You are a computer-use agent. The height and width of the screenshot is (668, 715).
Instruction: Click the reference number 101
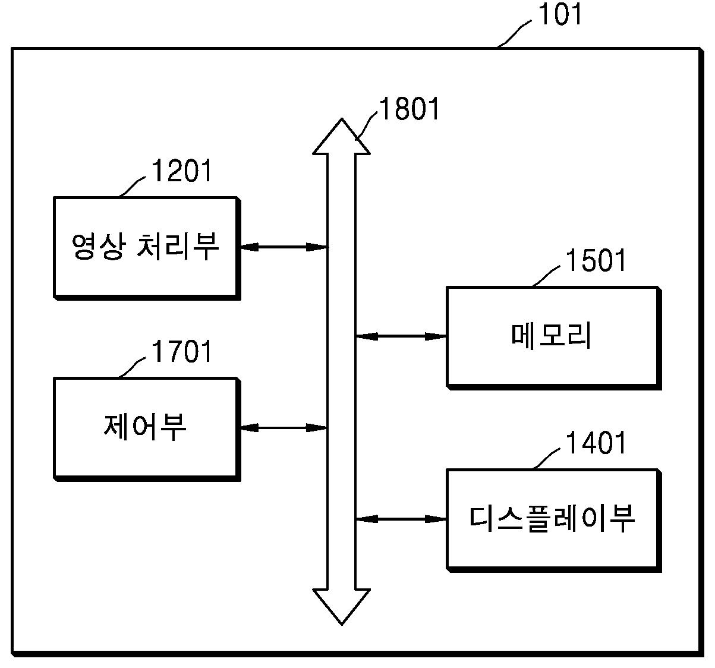[560, 14]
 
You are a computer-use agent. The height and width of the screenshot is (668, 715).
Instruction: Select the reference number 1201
[182, 171]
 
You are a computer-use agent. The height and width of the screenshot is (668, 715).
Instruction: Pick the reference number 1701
[182, 351]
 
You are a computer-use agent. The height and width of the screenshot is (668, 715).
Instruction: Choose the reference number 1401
[596, 442]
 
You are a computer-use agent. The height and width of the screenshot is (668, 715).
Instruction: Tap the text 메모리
[552, 336]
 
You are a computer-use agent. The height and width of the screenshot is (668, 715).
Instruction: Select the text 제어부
[145, 427]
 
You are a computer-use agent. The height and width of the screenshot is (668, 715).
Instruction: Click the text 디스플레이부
[552, 519]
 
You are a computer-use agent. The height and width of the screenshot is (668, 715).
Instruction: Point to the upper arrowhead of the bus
[341, 137]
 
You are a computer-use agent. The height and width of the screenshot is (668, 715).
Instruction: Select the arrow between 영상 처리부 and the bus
[284, 247]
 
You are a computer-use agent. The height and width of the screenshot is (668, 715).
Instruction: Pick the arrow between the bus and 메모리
[401, 336]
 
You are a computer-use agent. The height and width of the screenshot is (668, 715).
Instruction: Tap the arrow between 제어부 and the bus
[284, 428]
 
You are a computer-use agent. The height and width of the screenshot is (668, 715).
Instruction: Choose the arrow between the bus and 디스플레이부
[401, 519]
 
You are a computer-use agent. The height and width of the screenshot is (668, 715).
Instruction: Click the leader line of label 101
[514, 34]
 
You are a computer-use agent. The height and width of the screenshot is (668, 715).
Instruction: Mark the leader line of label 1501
[546, 276]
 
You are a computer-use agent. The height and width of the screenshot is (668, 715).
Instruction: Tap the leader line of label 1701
[132, 368]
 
